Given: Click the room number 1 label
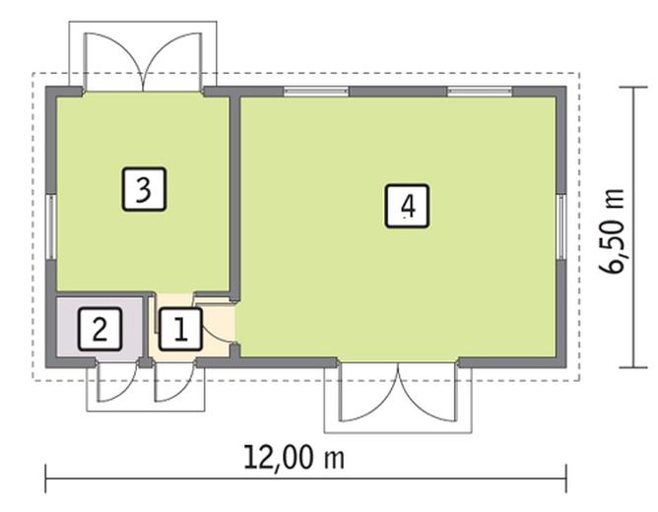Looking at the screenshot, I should pyautogui.click(x=179, y=329).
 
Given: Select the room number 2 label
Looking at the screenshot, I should pyautogui.click(x=99, y=329).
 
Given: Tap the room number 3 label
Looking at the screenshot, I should pyautogui.click(x=144, y=188).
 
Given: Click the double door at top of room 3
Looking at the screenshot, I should pyautogui.click(x=144, y=61).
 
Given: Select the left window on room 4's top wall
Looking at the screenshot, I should pyautogui.click(x=316, y=92).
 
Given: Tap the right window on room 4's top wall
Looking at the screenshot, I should pyautogui.click(x=480, y=92).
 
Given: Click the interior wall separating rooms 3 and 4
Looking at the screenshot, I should pyautogui.click(x=234, y=197).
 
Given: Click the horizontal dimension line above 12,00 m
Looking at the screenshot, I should pyautogui.click(x=305, y=480).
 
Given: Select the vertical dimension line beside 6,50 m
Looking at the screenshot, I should pyautogui.click(x=632, y=226).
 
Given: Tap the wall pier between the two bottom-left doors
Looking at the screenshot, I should pyautogui.click(x=145, y=362).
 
